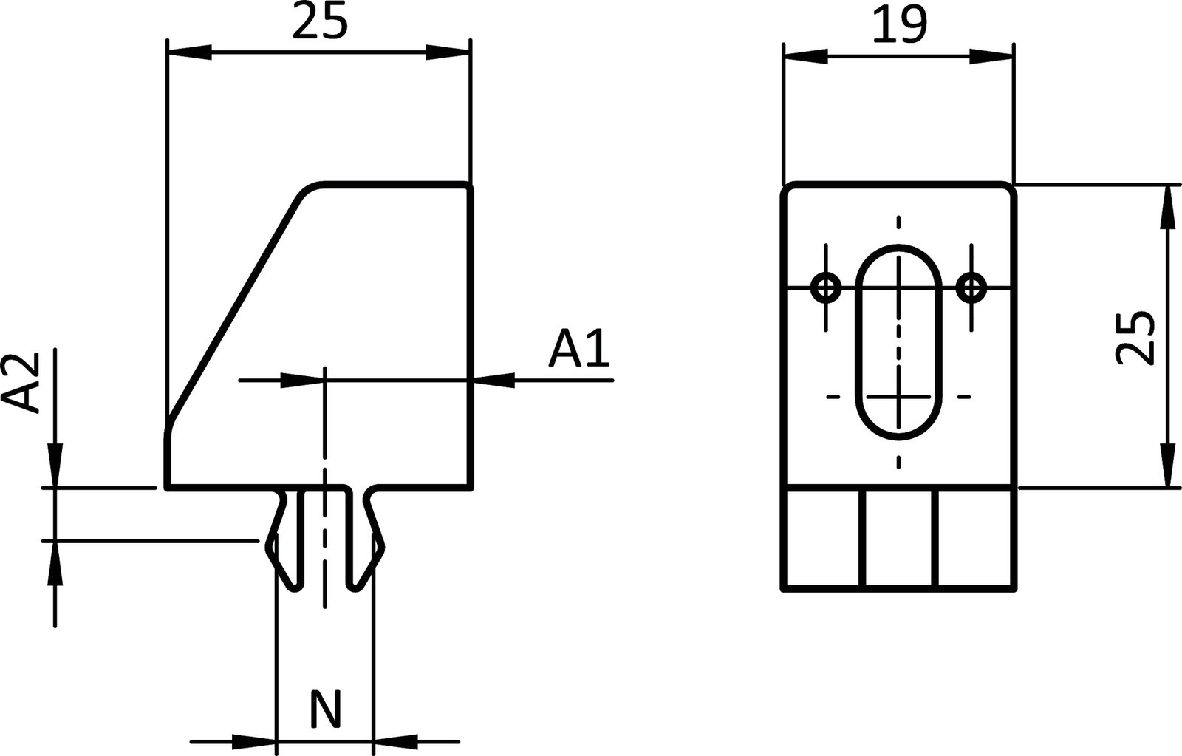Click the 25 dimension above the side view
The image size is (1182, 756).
(319, 22)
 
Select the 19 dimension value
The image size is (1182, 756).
(898, 27)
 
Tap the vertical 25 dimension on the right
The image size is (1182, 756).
(1135, 337)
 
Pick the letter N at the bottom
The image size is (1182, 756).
(325, 709)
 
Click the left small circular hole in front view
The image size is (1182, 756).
(826, 287)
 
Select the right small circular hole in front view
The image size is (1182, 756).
(971, 287)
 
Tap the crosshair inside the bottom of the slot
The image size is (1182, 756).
(898, 397)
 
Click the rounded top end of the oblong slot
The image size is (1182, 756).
(898, 255)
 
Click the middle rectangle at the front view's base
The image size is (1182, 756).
(901, 539)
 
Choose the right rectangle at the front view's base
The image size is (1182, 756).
(976, 539)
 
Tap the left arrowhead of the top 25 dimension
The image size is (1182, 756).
(189, 52)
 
